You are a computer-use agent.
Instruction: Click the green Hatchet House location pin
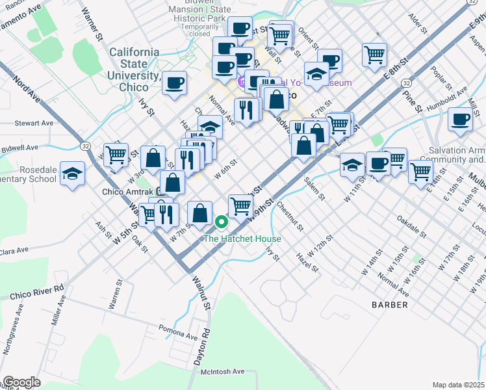tap(221, 222)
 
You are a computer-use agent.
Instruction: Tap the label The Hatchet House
tap(243, 239)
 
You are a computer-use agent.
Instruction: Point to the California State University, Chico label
tap(134, 64)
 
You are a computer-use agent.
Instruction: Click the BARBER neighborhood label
tap(390, 304)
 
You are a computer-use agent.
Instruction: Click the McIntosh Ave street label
tap(222, 371)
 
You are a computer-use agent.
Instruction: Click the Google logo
tap(21, 382)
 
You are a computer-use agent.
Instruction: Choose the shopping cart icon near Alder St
tap(375, 56)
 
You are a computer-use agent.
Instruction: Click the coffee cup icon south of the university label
tap(174, 84)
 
